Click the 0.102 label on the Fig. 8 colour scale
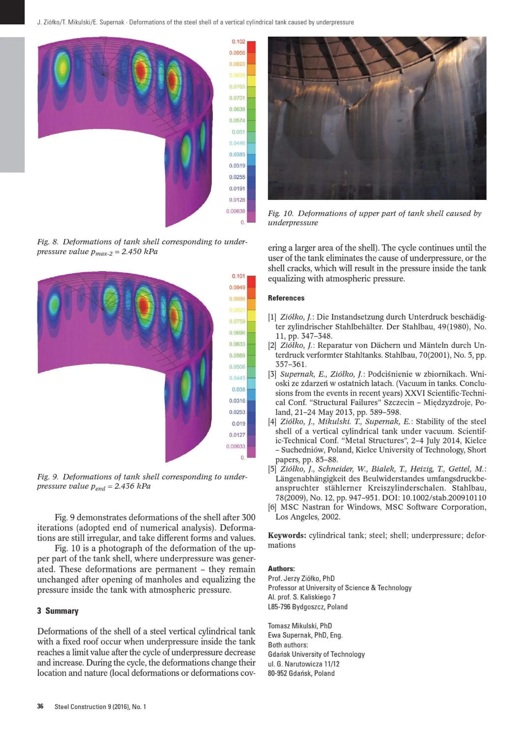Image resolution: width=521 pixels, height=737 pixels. pos(238,42)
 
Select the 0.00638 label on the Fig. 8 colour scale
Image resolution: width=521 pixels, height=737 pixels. pos(235,211)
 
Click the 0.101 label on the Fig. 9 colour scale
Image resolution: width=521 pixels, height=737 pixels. pos(238,276)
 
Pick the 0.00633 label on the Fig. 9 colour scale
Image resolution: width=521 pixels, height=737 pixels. pos(235,446)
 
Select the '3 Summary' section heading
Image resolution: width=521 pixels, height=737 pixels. pos(58,611)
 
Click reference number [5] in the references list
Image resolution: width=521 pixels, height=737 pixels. pos(272,469)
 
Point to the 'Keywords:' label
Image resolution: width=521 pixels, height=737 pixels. pos(287,535)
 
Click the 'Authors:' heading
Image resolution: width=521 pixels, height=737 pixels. pos(281,569)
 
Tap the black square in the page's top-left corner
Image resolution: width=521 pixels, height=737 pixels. pos(12,12)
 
